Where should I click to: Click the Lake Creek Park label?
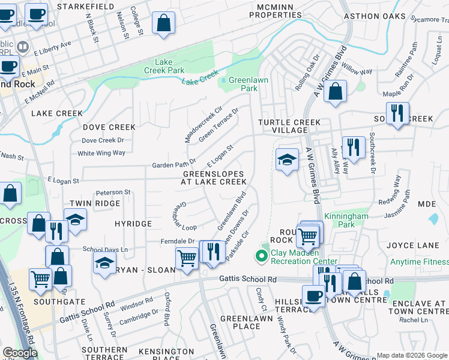tap(169, 66)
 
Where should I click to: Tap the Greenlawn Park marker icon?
tap(223, 80)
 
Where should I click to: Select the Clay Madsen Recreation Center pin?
tap(261, 256)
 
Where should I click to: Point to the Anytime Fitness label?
tap(419, 262)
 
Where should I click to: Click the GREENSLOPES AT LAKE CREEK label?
tap(214, 178)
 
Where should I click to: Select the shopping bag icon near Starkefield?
tap(163, 24)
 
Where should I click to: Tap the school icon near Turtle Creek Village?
tap(287, 160)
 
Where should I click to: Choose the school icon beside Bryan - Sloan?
tap(104, 263)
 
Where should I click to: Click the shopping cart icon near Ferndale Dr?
tap(187, 259)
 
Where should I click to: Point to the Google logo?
tap(20, 353)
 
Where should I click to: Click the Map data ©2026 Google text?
tap(412, 355)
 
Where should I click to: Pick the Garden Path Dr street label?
tap(173, 163)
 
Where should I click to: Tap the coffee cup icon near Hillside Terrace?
tap(313, 296)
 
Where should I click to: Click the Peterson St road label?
tap(113, 192)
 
